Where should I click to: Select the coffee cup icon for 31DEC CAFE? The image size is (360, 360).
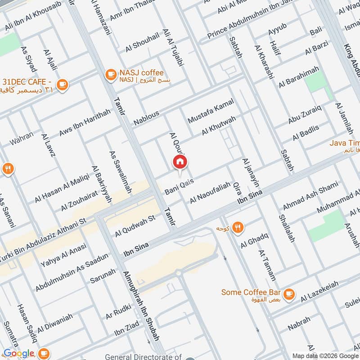62,84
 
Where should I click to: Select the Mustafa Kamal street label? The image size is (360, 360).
211,112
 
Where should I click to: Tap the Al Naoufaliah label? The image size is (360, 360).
210,193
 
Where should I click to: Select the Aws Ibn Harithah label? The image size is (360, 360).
85,123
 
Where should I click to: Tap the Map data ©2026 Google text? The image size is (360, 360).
325,355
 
